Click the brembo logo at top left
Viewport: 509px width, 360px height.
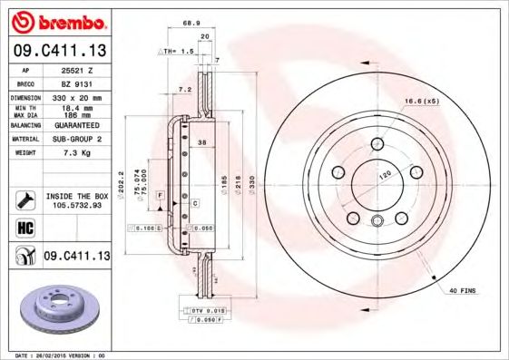(x=55, y=21)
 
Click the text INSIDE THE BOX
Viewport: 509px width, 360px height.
(x=76, y=196)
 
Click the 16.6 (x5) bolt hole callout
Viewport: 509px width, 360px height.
(x=422, y=102)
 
